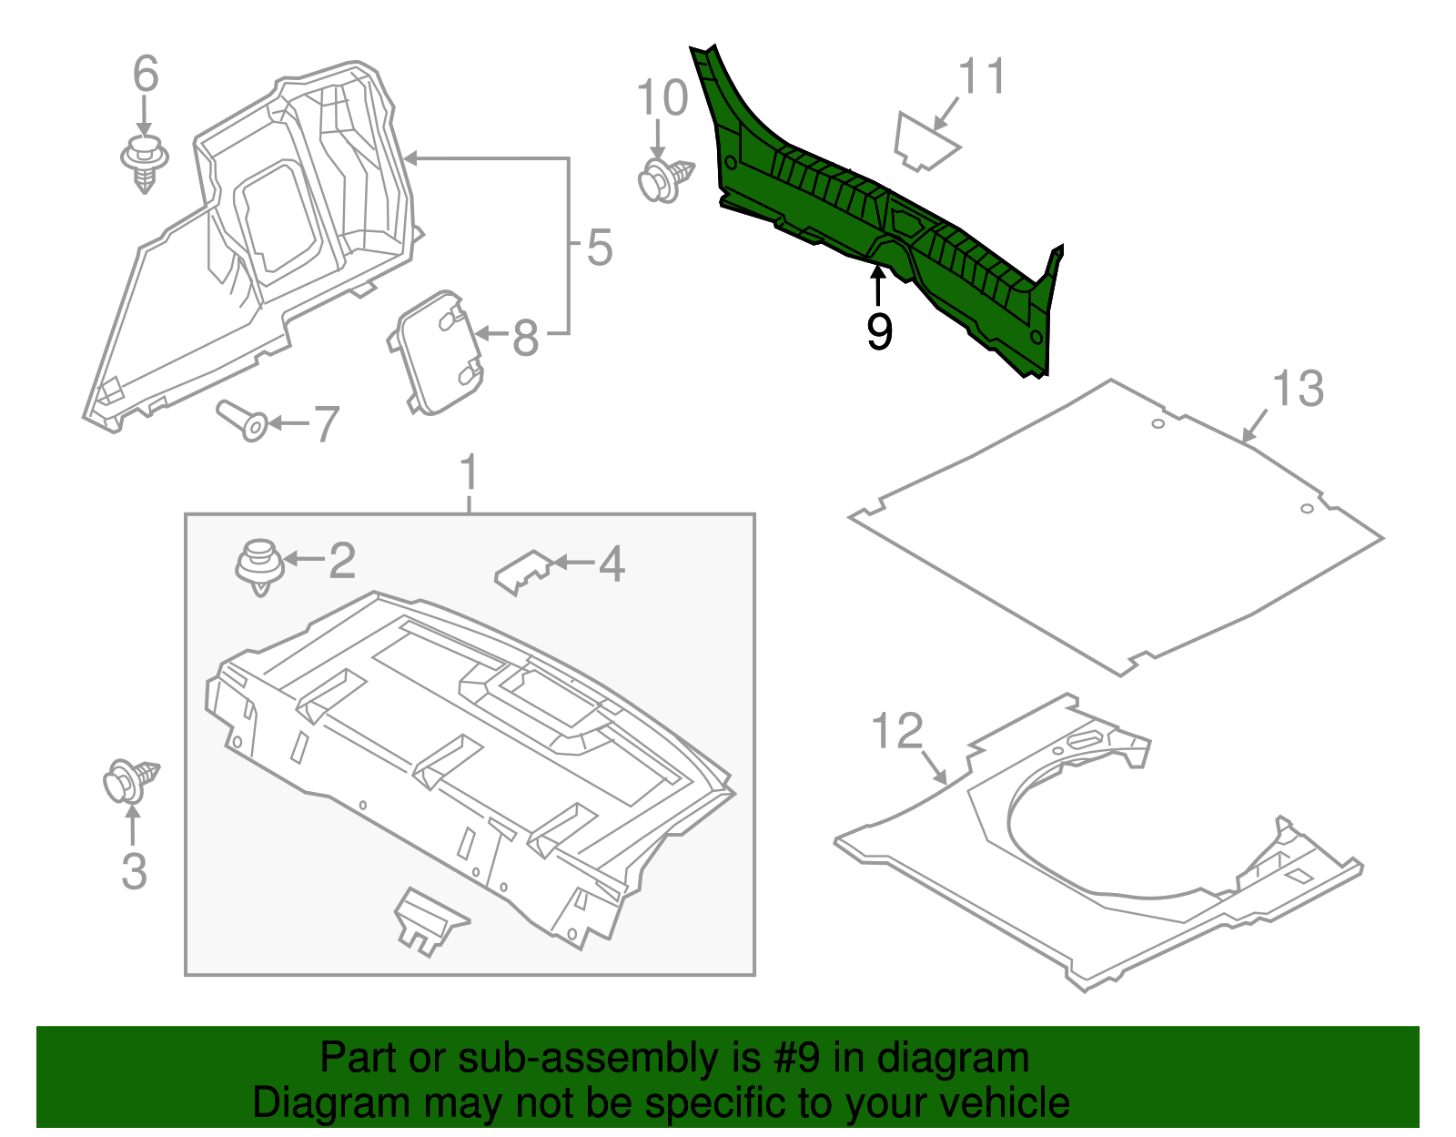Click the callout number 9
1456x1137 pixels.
pos(879,331)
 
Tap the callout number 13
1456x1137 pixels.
pos(1297,390)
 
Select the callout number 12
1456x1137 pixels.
pos(897,731)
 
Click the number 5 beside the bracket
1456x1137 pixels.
pos(599,248)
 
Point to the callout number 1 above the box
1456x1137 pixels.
pos(469,474)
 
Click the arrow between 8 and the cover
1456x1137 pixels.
pos(490,334)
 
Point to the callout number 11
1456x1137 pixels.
pos(983,76)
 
